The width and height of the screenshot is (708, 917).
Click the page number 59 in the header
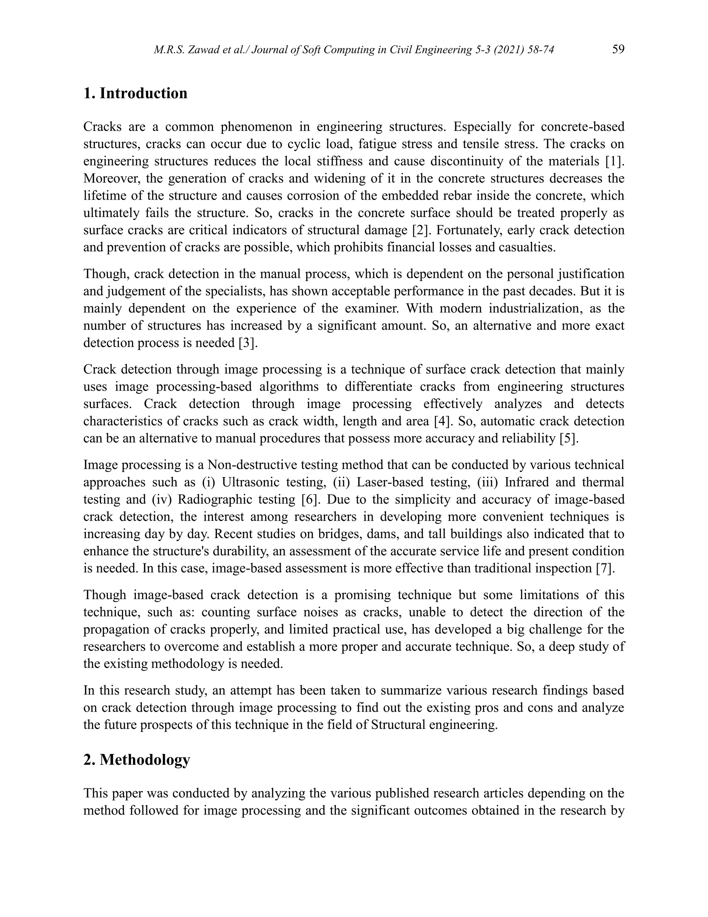pos(618,49)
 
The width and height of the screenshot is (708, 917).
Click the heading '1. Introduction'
pos(135,93)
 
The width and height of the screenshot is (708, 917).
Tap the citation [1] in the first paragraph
pos(614,161)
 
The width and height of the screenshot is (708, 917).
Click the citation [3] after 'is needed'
pos(248,343)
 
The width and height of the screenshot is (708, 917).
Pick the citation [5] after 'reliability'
pos(569,438)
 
